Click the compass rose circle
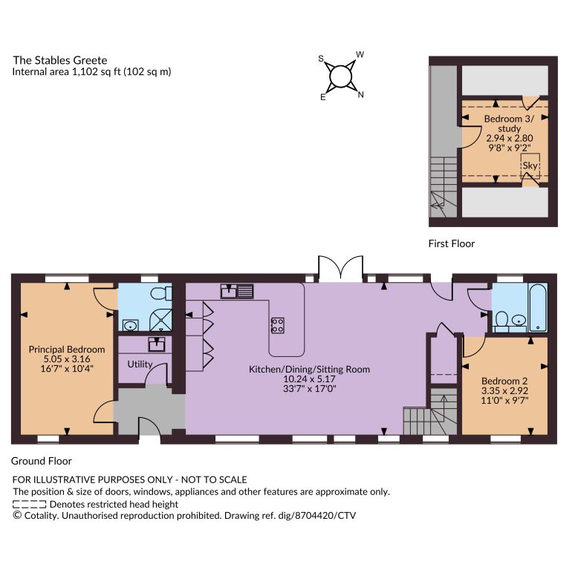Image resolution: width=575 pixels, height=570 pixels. click(x=341, y=77)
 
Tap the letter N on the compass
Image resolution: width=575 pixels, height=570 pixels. click(x=361, y=94)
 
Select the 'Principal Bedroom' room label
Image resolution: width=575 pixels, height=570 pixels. click(x=67, y=350)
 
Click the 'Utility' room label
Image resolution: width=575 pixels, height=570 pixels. click(x=140, y=364)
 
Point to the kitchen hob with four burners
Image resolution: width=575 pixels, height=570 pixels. click(x=278, y=325)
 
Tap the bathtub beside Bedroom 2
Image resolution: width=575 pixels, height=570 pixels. click(x=538, y=308)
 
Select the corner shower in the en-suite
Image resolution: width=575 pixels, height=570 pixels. click(x=160, y=320)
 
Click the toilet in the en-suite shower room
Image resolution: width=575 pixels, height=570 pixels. click(x=161, y=293)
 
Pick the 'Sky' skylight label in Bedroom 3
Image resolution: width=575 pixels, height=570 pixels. click(x=530, y=166)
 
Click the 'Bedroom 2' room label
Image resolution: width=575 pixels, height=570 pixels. click(x=504, y=381)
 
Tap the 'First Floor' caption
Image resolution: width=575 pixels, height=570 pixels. click(x=452, y=243)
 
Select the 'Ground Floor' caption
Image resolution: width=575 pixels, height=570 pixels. click(x=42, y=461)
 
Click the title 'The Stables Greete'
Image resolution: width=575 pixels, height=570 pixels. click(x=60, y=60)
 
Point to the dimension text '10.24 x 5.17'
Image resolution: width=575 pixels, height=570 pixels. click(x=310, y=379)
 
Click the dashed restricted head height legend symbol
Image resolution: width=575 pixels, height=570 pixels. click(x=29, y=505)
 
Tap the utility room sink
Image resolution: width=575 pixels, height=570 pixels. click(x=157, y=344)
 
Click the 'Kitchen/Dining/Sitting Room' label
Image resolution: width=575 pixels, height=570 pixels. click(x=310, y=370)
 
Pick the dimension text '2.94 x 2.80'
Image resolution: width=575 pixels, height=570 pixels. click(x=510, y=138)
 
